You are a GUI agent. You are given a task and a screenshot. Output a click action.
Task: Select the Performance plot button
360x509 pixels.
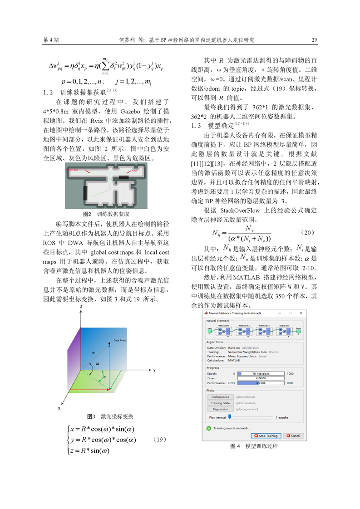[220, 396]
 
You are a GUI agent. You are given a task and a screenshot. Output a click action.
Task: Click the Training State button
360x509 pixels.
[220, 403]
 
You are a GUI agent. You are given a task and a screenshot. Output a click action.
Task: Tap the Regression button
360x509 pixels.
[220, 409]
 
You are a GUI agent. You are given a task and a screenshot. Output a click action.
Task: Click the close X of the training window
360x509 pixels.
[301, 313]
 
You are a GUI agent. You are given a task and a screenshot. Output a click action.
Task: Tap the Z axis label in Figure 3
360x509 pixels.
[80, 308]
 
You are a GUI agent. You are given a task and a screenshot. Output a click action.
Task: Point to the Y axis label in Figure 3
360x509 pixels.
[154, 371]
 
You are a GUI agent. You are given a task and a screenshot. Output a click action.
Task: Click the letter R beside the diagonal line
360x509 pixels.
[93, 352]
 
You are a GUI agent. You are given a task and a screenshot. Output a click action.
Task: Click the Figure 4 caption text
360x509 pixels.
[254, 446]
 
